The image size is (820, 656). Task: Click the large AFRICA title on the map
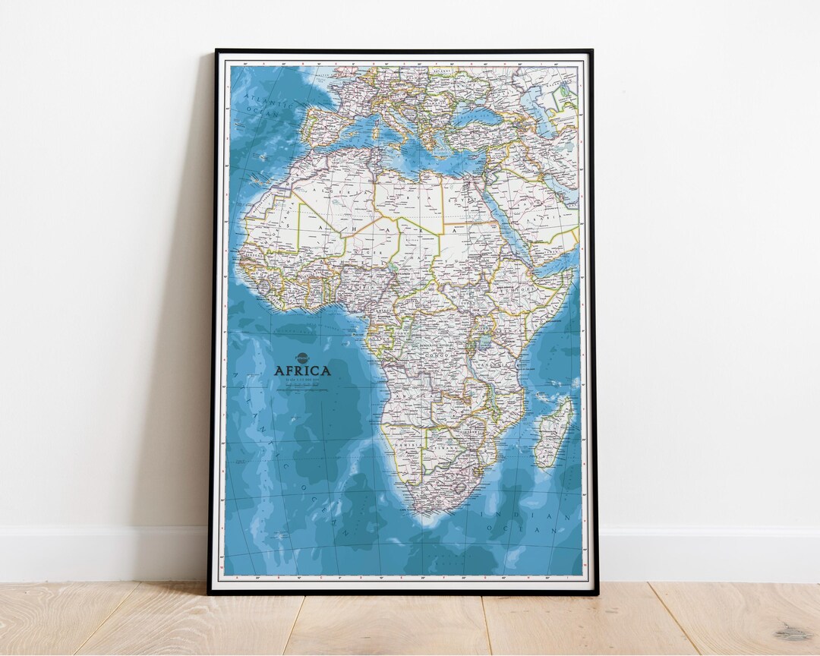tap(302, 371)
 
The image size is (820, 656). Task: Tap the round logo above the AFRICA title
tap(302, 358)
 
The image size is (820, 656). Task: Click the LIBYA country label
tap(408, 199)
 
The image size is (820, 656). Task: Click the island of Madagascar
tap(553, 431)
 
